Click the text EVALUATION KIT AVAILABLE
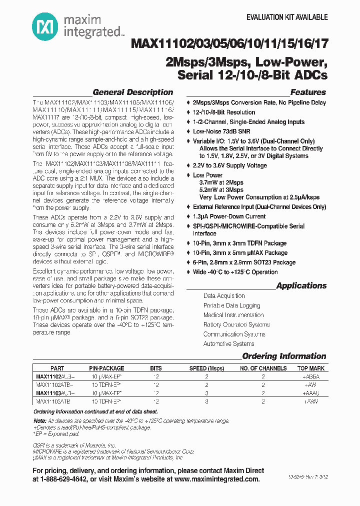(287, 17)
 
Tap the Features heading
(308, 92)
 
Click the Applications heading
(301, 285)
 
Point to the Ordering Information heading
(284, 356)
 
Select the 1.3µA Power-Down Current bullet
(229, 216)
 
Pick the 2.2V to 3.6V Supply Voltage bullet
(230, 165)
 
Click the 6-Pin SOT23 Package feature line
(244, 262)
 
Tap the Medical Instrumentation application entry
(233, 315)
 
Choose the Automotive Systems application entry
(228, 343)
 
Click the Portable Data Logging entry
(231, 305)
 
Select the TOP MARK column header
(310, 368)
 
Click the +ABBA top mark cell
(310, 376)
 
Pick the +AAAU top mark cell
(310, 393)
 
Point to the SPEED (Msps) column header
(206, 368)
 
